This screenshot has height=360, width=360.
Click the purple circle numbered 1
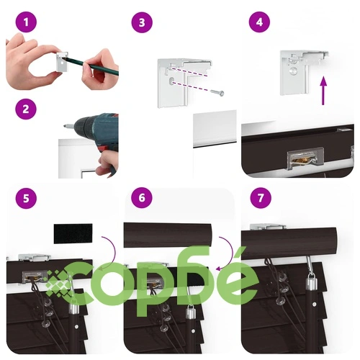[26, 22]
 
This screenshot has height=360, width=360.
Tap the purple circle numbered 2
[26, 109]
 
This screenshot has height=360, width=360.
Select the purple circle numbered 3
[142, 22]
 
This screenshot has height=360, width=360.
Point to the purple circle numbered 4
[259, 22]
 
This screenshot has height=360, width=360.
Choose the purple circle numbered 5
[26, 198]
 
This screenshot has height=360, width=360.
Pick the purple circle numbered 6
[142, 198]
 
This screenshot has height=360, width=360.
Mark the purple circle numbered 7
[261, 198]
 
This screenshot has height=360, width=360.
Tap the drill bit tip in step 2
[64, 125]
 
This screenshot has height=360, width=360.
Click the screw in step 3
[217, 93]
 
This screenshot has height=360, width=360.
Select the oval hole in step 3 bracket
[172, 81]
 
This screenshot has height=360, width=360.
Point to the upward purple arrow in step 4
[323, 91]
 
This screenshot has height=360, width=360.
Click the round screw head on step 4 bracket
[294, 71]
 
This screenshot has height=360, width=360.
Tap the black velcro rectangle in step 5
[73, 234]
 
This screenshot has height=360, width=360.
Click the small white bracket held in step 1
[62, 61]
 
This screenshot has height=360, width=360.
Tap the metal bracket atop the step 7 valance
[268, 227]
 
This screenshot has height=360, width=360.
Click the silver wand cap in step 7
[311, 282]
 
